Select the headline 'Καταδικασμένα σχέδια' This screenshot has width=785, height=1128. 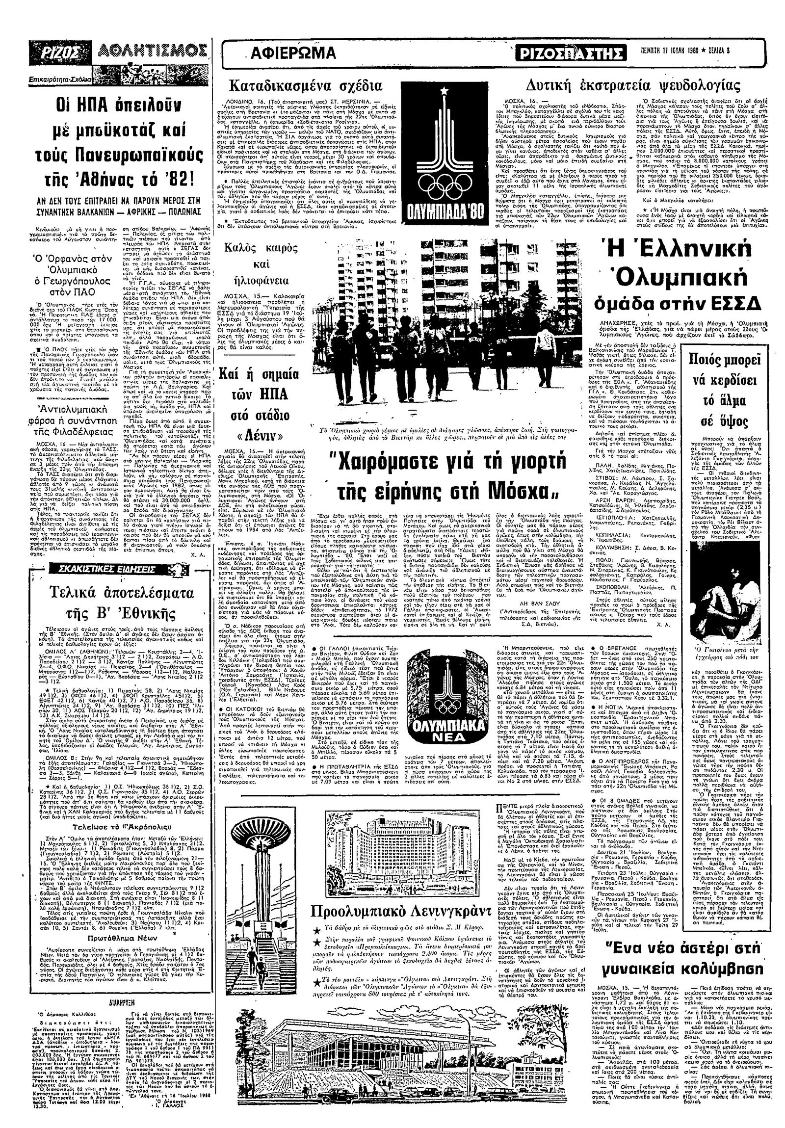(305, 85)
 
